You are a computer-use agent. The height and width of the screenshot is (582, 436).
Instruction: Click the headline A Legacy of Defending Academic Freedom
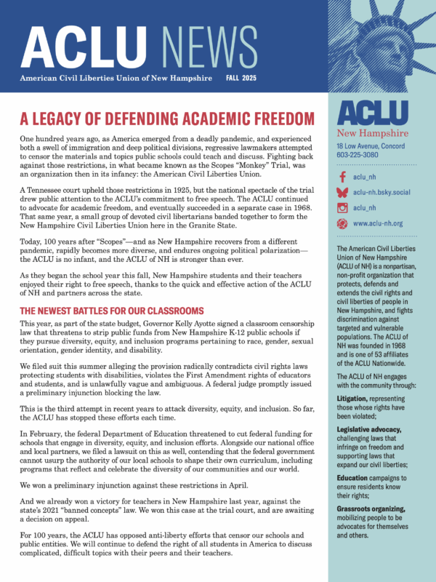[167, 118]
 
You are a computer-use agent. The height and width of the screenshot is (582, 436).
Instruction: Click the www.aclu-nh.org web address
[378, 223]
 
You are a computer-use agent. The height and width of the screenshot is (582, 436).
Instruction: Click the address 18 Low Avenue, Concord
[376, 145]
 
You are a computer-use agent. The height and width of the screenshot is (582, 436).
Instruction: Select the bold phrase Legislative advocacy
[372, 430]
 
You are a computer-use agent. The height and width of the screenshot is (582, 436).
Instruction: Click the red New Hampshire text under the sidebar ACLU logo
[373, 133]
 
